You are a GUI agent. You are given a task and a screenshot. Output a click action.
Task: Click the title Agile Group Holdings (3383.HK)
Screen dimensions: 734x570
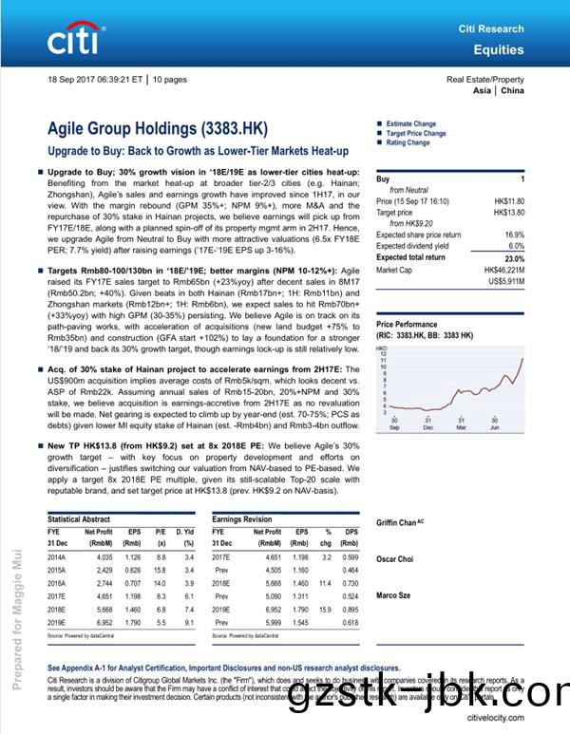coord(158,128)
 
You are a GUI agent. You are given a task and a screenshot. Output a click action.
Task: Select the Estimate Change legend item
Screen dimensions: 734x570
coord(410,123)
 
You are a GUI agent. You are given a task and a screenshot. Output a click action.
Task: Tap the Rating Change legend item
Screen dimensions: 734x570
coord(408,142)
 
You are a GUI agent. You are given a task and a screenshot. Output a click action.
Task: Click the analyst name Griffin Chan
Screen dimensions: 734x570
coord(399,522)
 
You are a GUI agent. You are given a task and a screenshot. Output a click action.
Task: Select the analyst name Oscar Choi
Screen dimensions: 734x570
coord(394,558)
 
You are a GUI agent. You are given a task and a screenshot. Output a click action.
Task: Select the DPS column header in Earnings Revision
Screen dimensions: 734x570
coord(352,532)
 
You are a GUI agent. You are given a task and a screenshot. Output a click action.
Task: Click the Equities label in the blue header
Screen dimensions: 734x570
coord(499,49)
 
